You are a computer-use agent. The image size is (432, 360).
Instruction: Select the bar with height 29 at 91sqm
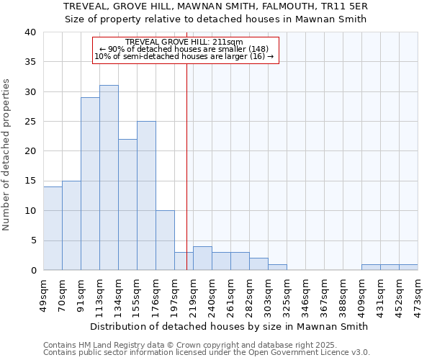[90, 184]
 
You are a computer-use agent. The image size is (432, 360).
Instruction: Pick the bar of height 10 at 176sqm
[165, 240]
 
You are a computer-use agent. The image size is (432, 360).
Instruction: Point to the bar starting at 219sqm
[202, 258]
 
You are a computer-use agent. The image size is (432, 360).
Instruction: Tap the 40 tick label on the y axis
[30, 32]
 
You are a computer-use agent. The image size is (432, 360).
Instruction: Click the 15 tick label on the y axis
[30, 181]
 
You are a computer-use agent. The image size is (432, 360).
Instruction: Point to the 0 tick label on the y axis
[32, 271]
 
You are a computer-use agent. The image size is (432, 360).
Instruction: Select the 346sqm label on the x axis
[306, 293]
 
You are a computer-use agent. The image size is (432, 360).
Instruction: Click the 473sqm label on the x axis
[418, 293]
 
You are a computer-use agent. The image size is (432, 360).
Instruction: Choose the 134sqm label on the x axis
[119, 293]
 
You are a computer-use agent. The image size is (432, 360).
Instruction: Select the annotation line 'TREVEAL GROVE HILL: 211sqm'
[184, 42]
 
